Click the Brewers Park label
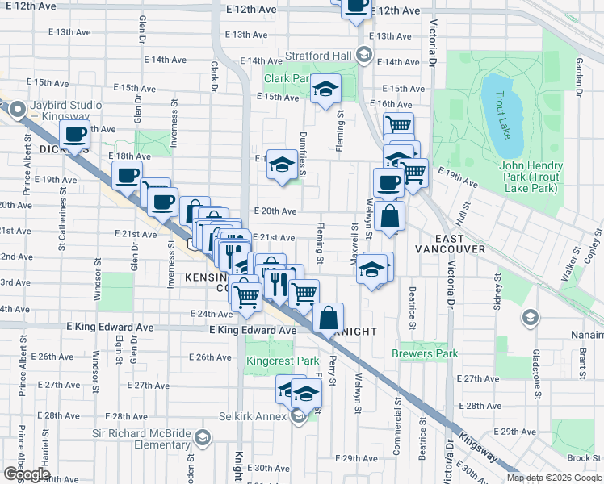[x=425, y=353]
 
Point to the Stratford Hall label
[x=320, y=56]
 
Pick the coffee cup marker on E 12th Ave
[x=355, y=6]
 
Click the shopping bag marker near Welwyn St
[x=388, y=215]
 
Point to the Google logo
[x=26, y=474]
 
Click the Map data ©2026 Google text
[x=554, y=478]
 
